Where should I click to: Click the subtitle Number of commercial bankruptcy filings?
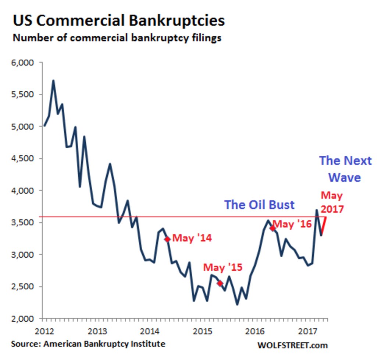tap(117, 38)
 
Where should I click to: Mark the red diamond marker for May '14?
tap(167, 239)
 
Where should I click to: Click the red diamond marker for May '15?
tap(220, 283)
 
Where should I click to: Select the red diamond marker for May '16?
tap(273, 228)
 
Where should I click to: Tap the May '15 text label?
tap(223, 268)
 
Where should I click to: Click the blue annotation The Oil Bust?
tap(259, 205)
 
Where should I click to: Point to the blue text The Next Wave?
tap(345, 169)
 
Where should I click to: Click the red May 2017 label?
tap(332, 202)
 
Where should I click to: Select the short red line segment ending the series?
tap(324, 227)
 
